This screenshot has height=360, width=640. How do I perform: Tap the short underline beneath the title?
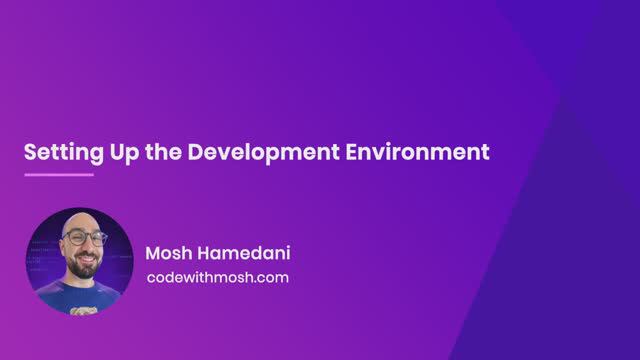click(x=58, y=175)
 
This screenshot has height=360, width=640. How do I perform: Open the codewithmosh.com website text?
click(x=217, y=277)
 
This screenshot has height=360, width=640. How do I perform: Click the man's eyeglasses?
click(x=81, y=238)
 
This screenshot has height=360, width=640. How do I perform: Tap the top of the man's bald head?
click(x=80, y=219)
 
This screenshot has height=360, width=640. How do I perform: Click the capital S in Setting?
click(x=30, y=153)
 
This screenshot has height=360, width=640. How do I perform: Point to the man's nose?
click(x=82, y=245)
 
